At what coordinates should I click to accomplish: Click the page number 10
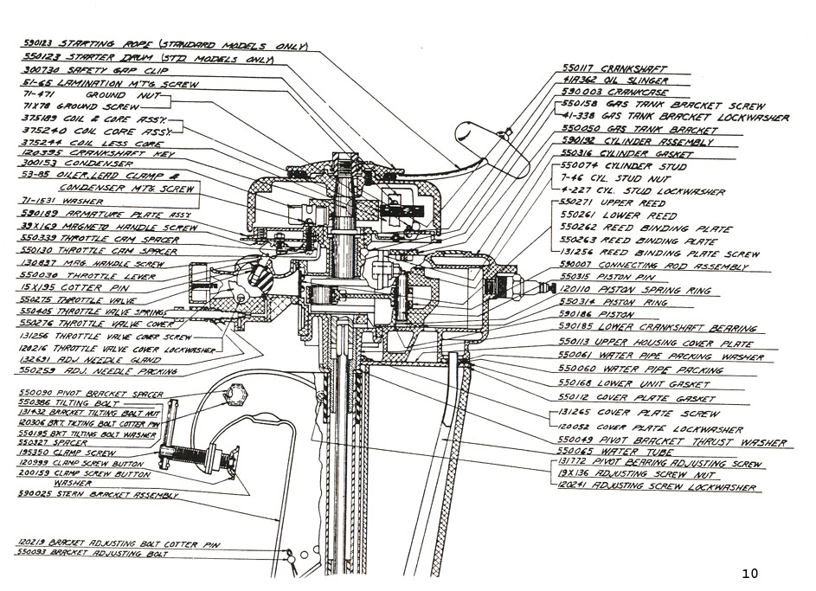point(749,573)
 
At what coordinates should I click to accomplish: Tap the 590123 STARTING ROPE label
point(164,44)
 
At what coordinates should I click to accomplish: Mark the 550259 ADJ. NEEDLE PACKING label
point(96,371)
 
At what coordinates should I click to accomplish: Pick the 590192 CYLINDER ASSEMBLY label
point(636,141)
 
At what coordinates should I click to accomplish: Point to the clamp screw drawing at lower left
point(199,458)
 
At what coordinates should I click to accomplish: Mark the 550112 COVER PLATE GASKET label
point(637,398)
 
